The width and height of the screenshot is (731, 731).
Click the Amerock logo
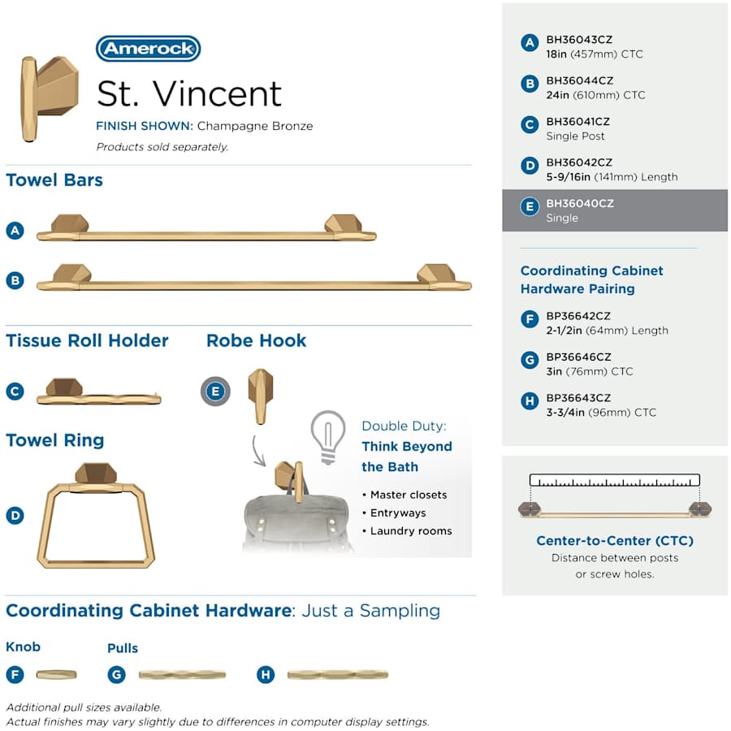(x=149, y=49)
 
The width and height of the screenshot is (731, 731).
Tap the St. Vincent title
(x=189, y=93)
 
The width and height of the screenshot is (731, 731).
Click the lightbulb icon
(x=328, y=437)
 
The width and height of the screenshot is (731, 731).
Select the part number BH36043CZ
(x=579, y=40)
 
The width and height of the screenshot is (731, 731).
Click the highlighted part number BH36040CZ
(x=580, y=203)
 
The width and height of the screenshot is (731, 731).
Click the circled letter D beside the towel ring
(x=15, y=515)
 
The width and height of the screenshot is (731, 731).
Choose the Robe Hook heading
(x=257, y=340)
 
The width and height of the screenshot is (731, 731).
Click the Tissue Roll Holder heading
(x=87, y=340)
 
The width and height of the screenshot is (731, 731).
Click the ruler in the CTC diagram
(x=615, y=480)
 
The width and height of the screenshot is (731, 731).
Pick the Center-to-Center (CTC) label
(x=615, y=540)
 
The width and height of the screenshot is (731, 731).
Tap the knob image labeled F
(x=56, y=674)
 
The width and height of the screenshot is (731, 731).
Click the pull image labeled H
(x=338, y=675)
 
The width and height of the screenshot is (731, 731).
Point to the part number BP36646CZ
(x=578, y=357)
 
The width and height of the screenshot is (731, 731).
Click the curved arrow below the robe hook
(x=257, y=451)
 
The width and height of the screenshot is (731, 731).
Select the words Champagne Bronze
(x=254, y=126)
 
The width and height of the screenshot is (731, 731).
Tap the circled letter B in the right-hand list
(x=530, y=84)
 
